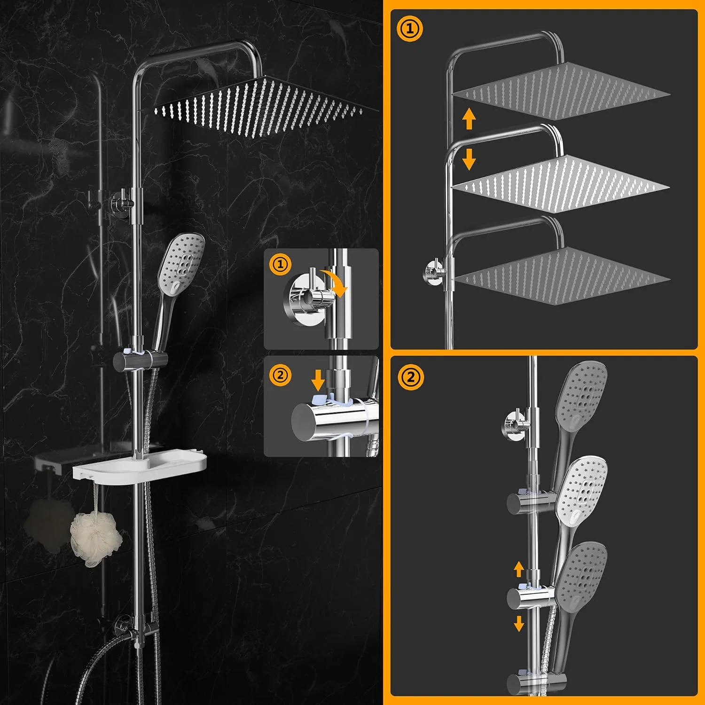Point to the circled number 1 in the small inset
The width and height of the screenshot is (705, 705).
[280, 264]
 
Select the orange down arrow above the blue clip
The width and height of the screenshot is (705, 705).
[318, 380]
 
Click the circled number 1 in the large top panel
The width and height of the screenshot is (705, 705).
[410, 29]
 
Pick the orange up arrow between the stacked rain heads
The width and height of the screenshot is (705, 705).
[469, 118]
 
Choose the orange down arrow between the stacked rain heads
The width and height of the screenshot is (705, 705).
[469, 159]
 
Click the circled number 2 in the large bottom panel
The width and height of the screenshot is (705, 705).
[411, 377]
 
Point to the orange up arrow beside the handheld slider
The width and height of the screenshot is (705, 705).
[519, 569]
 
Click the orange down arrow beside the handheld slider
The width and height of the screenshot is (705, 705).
[519, 624]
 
